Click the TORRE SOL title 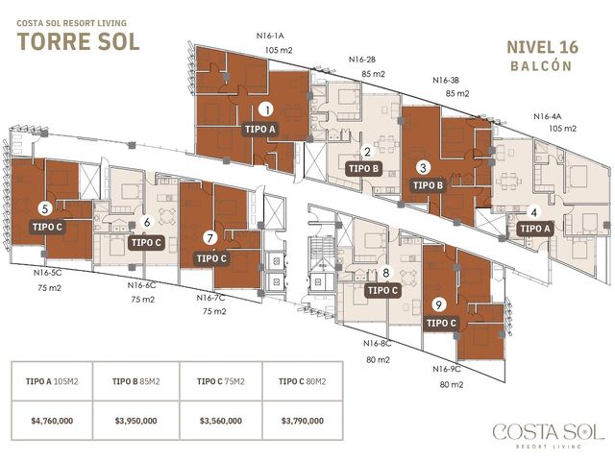(x=79, y=42)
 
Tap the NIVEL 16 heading (x=542, y=47)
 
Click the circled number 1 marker (x=266, y=109)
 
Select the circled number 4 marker (x=533, y=212)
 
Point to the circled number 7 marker (x=210, y=237)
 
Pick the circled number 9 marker (x=439, y=304)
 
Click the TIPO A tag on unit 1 (x=260, y=129)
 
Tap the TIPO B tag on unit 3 (x=428, y=185)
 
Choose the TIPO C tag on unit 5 (x=47, y=227)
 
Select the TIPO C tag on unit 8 (x=382, y=290)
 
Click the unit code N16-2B (x=362, y=60)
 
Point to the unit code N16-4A (x=548, y=116)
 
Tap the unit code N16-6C (x=141, y=285)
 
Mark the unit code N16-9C (x=447, y=369)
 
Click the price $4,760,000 (x=52, y=421)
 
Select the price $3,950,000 (x=135, y=421)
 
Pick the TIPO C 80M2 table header (x=302, y=381)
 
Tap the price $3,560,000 (x=220, y=421)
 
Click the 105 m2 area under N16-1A (x=279, y=50)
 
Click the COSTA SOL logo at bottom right (x=549, y=435)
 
